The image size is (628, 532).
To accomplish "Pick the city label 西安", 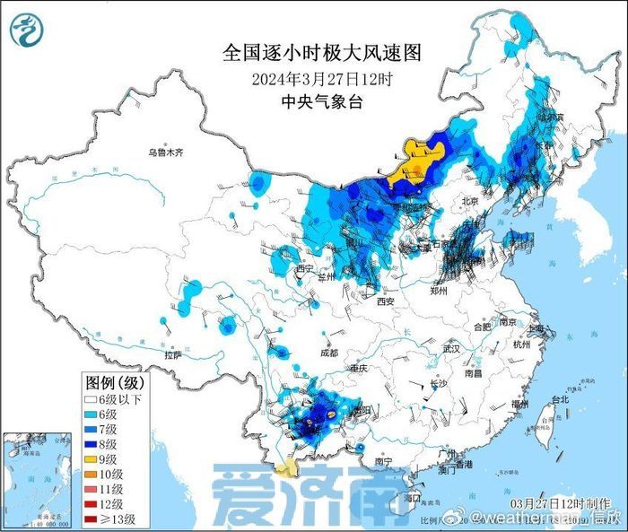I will pos(386,302).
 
